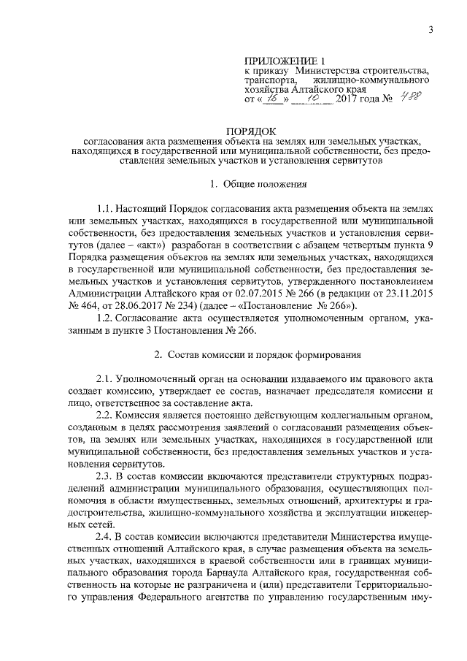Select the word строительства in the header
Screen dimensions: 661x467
click(x=389, y=70)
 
